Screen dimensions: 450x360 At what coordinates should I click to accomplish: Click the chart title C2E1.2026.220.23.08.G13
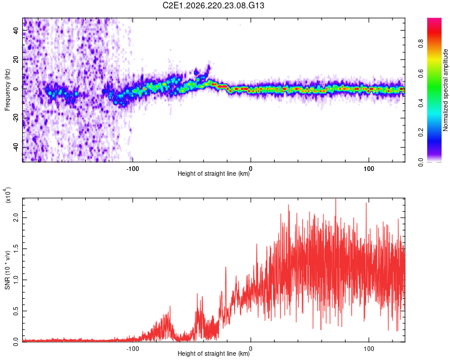(x=213, y=5)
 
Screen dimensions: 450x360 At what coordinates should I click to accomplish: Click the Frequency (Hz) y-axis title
(x=7, y=90)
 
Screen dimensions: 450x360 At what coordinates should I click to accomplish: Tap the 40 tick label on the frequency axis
(x=16, y=30)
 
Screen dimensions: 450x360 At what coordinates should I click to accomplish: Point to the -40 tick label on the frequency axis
(x=16, y=148)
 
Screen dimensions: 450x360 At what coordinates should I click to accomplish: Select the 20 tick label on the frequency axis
(x=16, y=59)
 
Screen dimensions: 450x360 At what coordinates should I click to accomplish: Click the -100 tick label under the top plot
(x=133, y=169)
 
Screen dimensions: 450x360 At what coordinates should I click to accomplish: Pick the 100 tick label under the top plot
(x=369, y=169)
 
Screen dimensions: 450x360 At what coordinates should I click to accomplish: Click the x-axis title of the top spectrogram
(x=214, y=173)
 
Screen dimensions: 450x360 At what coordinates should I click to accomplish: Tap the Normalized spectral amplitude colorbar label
(x=445, y=90)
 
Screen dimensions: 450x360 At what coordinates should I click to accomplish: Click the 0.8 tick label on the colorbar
(x=421, y=44)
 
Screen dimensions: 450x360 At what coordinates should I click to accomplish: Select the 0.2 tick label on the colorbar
(x=421, y=133)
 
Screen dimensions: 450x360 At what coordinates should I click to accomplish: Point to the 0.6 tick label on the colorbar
(x=421, y=73)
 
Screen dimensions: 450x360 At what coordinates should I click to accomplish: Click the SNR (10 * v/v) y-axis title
(x=7, y=270)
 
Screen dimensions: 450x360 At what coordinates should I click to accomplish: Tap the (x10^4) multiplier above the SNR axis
(x=7, y=195)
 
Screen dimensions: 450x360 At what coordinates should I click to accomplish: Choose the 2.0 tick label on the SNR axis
(x=16, y=218)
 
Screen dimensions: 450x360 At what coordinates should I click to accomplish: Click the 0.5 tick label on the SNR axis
(x=16, y=311)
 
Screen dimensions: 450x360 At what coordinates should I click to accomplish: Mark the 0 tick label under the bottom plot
(x=251, y=349)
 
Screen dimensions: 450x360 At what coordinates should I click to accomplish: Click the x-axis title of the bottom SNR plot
(x=214, y=353)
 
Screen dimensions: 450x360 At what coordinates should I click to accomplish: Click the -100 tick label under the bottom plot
(x=133, y=349)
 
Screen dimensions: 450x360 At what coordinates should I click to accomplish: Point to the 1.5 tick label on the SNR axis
(x=16, y=248)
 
